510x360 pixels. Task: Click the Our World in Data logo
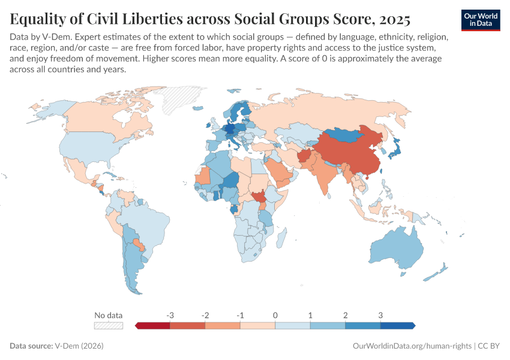(480, 20)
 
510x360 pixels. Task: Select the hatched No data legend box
(109, 326)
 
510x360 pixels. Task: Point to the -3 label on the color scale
(170, 315)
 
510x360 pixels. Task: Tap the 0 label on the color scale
(275, 315)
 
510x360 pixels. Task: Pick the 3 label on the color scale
(380, 315)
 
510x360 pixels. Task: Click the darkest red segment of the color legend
(153, 326)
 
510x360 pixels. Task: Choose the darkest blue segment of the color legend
(397, 326)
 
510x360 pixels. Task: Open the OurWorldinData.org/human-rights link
(409, 346)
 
